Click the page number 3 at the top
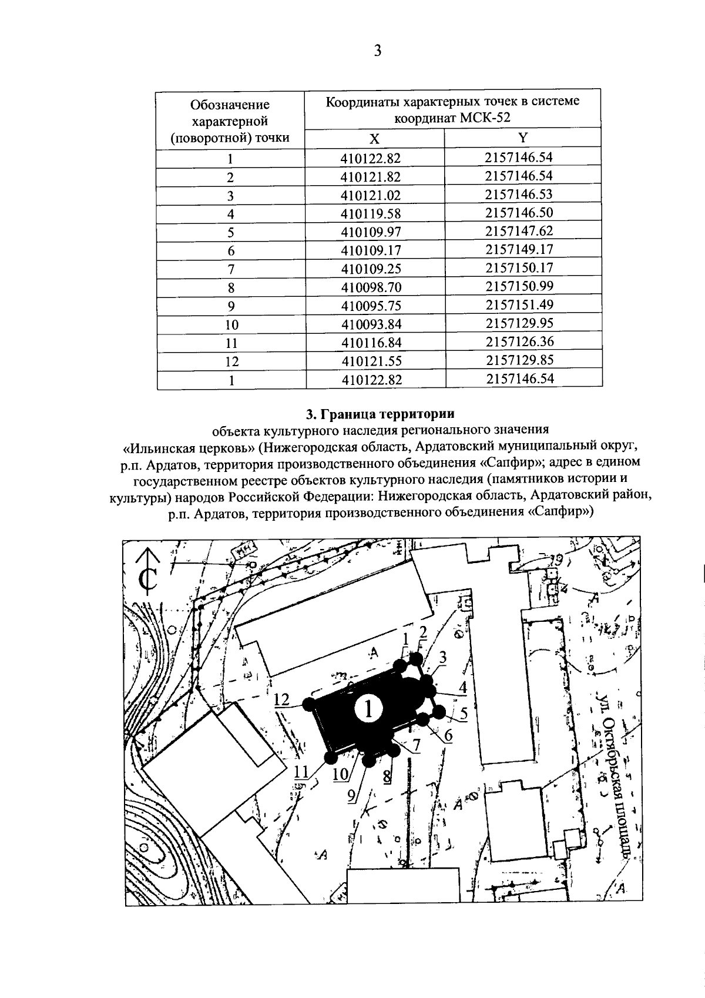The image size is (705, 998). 378,51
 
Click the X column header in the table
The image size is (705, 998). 374,139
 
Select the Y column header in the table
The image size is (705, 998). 523,138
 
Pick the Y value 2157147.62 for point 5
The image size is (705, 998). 519,231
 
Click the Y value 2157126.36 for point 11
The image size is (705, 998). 519,341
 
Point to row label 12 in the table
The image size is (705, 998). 231,361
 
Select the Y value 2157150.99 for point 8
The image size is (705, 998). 519,286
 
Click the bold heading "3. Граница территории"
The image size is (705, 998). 380,414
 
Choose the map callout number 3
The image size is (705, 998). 442,658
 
